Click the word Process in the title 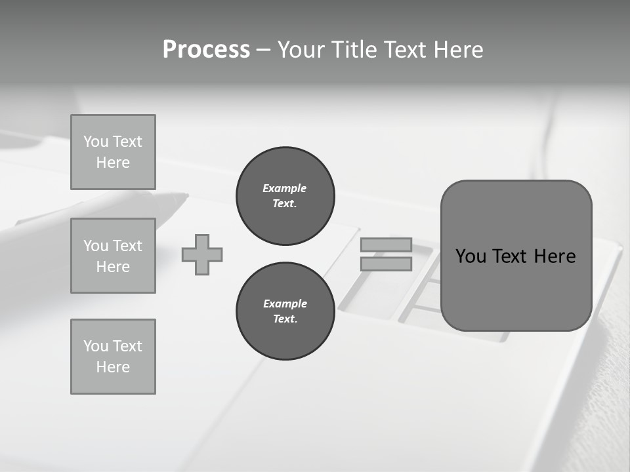click(x=206, y=50)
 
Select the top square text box click(x=113, y=152)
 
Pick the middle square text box click(x=113, y=256)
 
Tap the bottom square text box click(x=113, y=357)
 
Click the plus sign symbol click(x=202, y=255)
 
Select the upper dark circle click(x=285, y=196)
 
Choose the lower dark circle click(x=285, y=311)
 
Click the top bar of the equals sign click(x=386, y=245)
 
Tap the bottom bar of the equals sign click(x=386, y=264)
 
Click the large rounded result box click(x=516, y=288)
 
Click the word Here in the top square click(x=113, y=163)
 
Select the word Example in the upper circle click(x=284, y=188)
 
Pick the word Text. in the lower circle click(x=285, y=319)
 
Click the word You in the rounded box click(x=471, y=256)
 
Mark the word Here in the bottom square click(x=113, y=367)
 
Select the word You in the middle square click(x=96, y=246)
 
